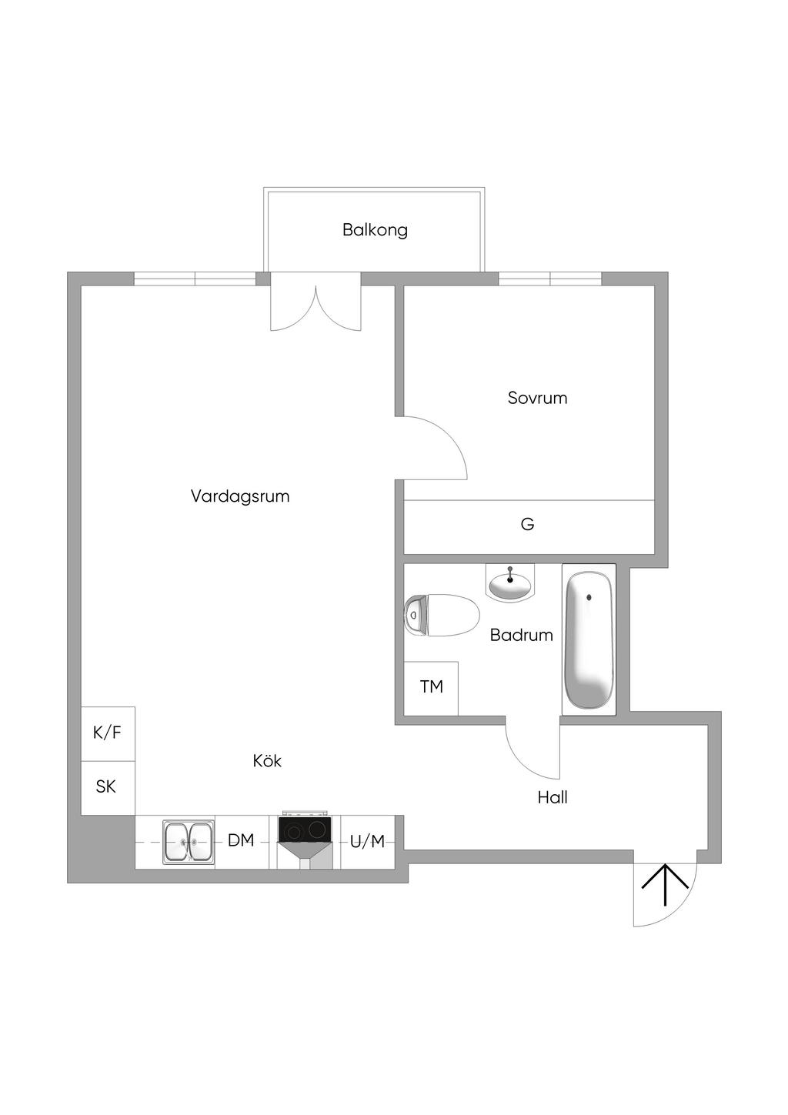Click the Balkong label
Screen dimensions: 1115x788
(x=375, y=229)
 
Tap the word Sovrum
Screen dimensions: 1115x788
(x=537, y=398)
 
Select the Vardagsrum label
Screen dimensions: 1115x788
(x=240, y=496)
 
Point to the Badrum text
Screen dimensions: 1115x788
(x=521, y=635)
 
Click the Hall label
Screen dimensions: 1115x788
(x=553, y=798)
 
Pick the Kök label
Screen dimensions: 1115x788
(x=267, y=761)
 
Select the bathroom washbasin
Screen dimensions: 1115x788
(x=510, y=586)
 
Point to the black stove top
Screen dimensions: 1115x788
(x=306, y=830)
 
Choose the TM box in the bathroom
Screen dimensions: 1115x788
(x=431, y=687)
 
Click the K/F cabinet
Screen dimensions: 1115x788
(x=108, y=733)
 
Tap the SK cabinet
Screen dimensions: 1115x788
(x=106, y=787)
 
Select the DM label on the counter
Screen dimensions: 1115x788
(x=241, y=841)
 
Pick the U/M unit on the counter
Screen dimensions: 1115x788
(x=367, y=842)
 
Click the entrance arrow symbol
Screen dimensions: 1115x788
(x=665, y=885)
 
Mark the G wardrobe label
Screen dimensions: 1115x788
(x=527, y=525)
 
